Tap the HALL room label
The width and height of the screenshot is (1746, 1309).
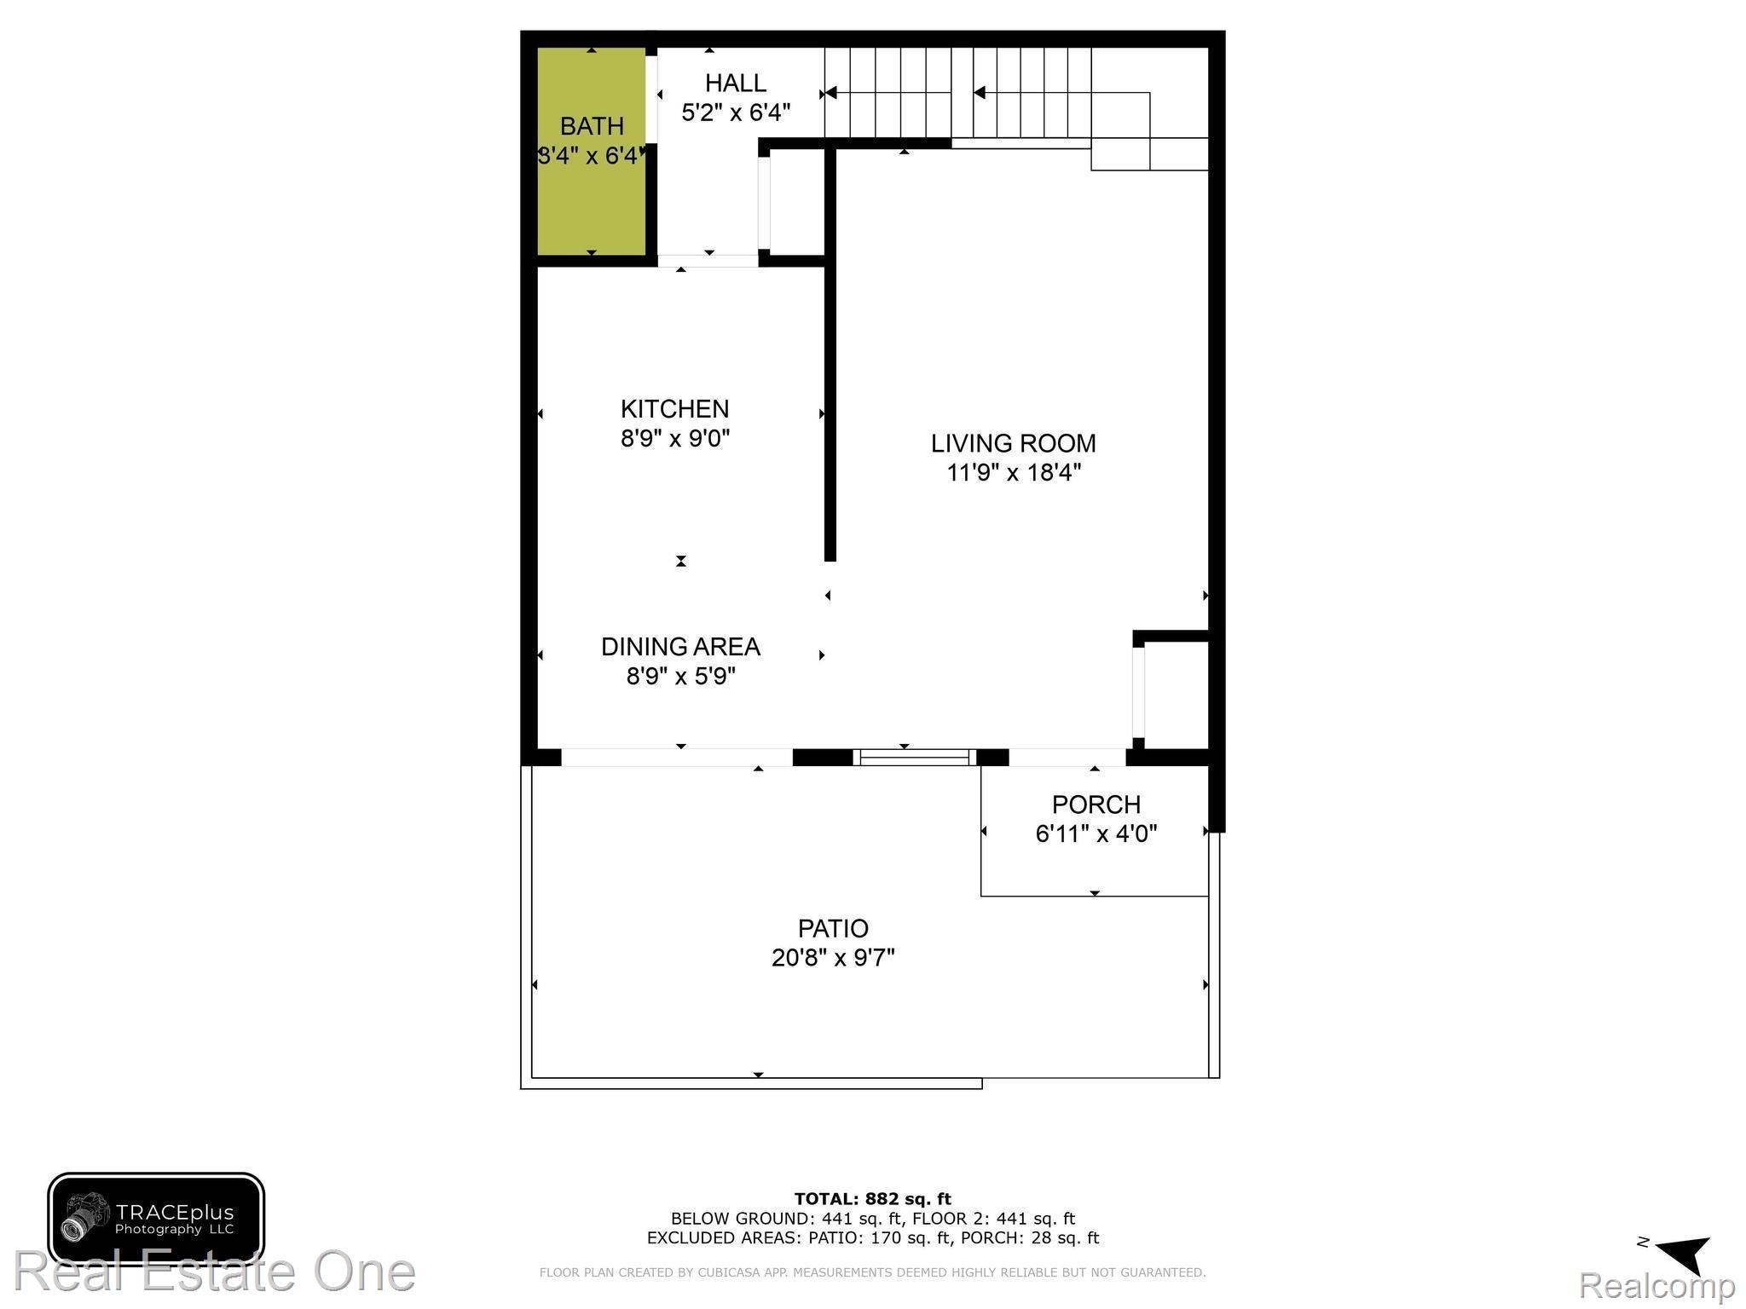click(x=735, y=83)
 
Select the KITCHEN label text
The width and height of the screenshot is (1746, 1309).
click(x=674, y=409)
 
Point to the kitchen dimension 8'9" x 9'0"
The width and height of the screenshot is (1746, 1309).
click(x=674, y=439)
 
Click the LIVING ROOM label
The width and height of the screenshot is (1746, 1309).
click(x=1013, y=443)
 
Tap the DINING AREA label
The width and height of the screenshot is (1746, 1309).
click(x=680, y=647)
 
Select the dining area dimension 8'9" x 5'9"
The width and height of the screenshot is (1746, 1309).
click(x=680, y=677)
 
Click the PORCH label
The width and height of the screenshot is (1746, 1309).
click(x=1096, y=804)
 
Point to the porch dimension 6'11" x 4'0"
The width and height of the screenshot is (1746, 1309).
click(x=1096, y=833)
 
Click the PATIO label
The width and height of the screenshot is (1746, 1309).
click(x=833, y=928)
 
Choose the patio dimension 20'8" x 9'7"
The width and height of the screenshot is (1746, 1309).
click(x=833, y=958)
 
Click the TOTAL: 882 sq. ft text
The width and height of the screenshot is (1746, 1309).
click(x=872, y=1199)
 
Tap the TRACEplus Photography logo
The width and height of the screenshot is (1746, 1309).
click(x=156, y=1219)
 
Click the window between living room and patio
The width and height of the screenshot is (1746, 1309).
click(x=915, y=758)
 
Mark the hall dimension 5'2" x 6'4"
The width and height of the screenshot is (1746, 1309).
click(x=735, y=112)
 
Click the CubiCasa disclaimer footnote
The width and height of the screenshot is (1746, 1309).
click(x=872, y=1272)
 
